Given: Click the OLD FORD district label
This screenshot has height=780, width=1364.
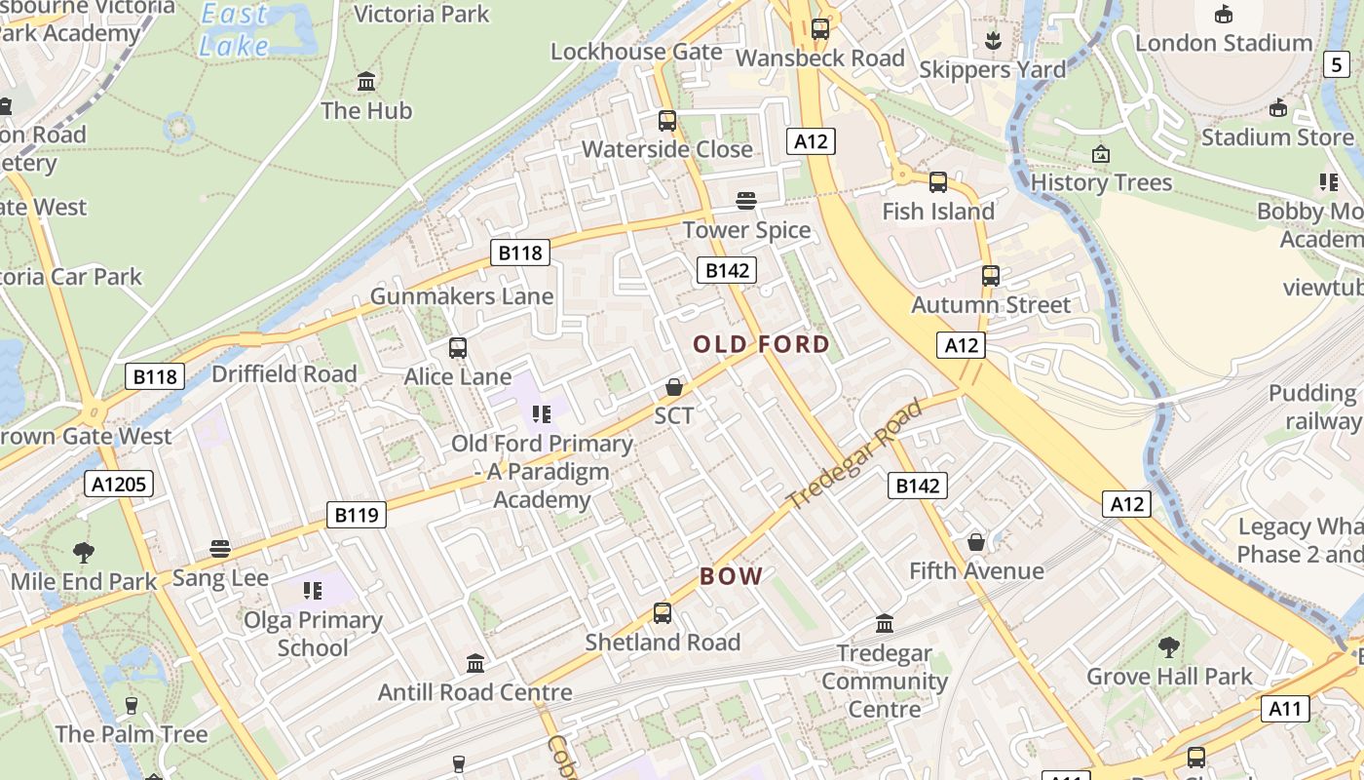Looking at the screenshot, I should [761, 344].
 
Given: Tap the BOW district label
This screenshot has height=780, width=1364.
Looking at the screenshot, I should [731, 576].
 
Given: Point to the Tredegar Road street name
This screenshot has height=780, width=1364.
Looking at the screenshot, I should [854, 455].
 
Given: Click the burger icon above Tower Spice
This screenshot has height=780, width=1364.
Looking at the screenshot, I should [746, 201].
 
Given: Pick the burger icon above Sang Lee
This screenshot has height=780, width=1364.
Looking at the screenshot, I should [220, 549].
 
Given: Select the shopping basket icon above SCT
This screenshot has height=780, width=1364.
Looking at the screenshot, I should [673, 388].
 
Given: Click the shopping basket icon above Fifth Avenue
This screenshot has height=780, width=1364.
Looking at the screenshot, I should [976, 542].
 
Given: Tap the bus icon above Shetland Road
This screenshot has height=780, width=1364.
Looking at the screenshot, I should [663, 613].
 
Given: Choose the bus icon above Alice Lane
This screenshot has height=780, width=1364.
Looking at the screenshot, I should [458, 348].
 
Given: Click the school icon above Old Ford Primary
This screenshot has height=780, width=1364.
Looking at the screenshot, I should [542, 414].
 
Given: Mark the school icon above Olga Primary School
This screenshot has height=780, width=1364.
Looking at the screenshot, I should [313, 590].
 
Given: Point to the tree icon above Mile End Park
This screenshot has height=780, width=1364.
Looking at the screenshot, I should [84, 553].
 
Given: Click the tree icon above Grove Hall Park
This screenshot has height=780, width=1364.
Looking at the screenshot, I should [1169, 646].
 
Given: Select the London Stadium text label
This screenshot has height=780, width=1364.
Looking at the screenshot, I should [1223, 43].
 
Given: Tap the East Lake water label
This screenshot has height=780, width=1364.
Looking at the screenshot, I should [234, 30].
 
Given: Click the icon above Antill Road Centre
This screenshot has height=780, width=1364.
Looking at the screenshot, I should [475, 664].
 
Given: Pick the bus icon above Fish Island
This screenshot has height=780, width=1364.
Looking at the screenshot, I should [938, 182].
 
